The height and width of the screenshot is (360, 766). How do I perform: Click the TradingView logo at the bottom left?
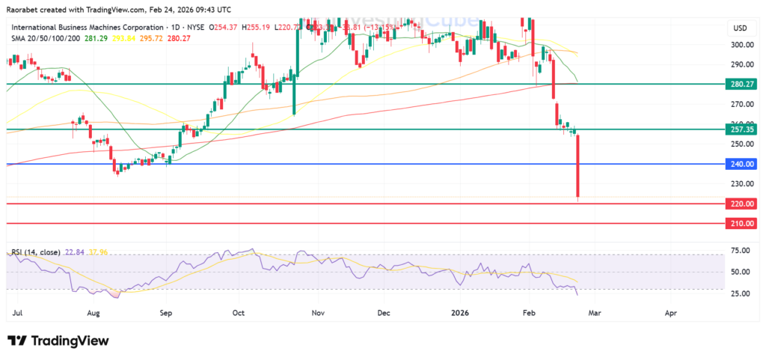pos(58,341)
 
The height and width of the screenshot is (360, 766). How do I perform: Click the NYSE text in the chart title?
pos(197,27)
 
